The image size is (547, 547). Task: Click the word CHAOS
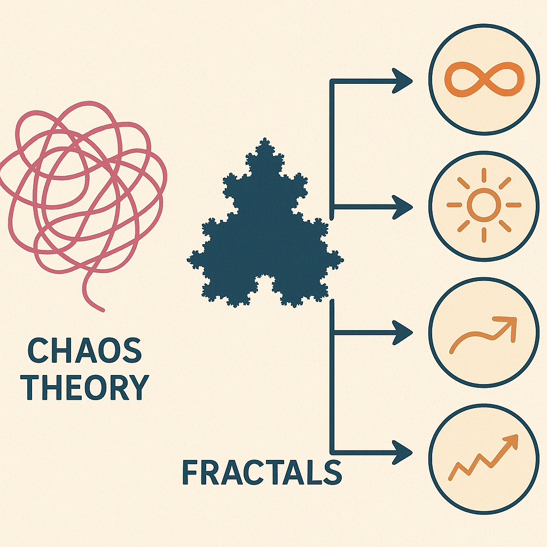85,350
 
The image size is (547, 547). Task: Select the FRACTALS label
262,472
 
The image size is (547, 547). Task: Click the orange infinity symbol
484,80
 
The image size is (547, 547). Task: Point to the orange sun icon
484,205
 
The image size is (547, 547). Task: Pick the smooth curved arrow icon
483,335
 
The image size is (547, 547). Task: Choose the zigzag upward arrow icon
483,457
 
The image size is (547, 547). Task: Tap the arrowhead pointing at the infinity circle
402,81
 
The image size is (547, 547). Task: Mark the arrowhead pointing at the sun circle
402,207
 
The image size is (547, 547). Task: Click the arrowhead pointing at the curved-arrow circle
402,333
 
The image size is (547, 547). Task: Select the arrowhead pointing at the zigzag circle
402,452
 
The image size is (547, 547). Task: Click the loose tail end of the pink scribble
103,310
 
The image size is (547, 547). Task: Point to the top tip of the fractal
265,138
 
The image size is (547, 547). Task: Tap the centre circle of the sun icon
484,205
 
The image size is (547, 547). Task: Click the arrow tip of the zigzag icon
517,435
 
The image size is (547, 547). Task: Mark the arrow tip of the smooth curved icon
515,318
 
